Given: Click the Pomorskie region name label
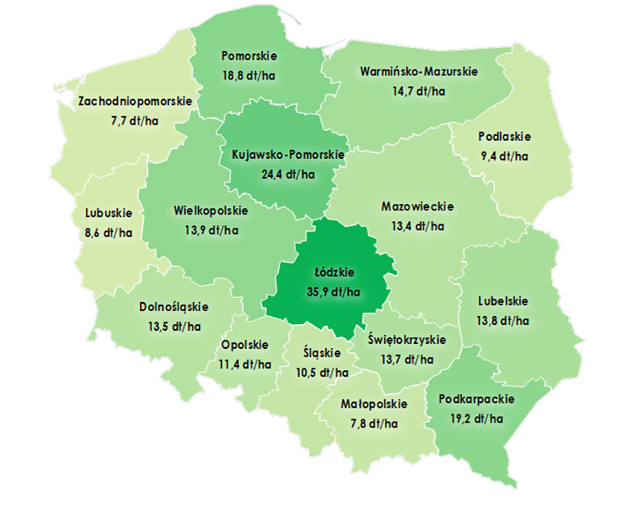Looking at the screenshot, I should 250,56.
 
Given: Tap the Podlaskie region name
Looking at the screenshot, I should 504,136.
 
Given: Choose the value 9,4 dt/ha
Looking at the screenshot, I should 504,155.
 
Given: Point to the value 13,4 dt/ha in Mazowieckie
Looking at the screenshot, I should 418,225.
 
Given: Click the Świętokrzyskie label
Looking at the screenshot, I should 406,339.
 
